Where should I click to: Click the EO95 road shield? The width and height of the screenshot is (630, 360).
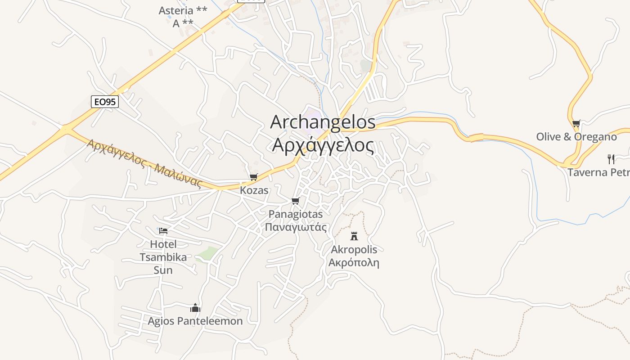click(105, 102)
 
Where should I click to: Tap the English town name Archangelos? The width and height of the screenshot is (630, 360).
click(323, 122)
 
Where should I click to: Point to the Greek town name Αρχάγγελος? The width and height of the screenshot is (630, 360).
click(323, 145)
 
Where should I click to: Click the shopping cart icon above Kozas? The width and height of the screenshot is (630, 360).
click(254, 177)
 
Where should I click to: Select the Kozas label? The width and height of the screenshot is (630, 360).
click(254, 190)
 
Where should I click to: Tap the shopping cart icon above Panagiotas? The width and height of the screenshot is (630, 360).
click(295, 201)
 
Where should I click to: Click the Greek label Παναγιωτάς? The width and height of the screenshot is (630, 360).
click(295, 227)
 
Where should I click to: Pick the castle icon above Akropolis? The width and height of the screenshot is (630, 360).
click(354, 236)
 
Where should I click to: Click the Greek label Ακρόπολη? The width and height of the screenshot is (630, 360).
click(354, 263)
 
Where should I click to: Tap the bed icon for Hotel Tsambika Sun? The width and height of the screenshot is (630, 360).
click(163, 231)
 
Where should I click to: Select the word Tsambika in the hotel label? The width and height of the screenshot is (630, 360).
click(163, 257)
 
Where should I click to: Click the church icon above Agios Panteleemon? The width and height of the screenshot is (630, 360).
click(195, 308)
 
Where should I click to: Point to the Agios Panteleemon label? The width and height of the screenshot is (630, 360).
click(195, 321)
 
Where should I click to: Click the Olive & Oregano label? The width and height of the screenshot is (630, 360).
click(576, 137)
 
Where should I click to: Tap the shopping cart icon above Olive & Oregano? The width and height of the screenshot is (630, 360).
click(576, 123)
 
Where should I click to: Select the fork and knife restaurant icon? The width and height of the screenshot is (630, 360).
click(611, 159)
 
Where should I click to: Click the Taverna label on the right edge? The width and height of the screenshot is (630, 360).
click(598, 172)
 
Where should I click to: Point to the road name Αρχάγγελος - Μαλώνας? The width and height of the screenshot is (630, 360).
click(144, 162)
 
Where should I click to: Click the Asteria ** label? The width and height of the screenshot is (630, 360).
click(183, 10)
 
